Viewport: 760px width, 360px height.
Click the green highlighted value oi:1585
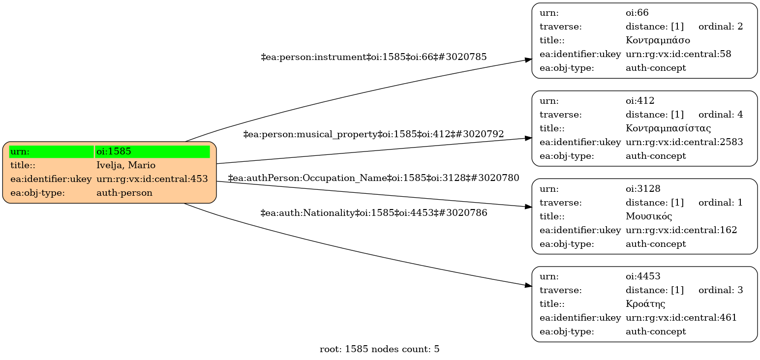[x=114, y=151]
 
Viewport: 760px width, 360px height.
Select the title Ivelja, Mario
[x=126, y=165]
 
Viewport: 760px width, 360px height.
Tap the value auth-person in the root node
[x=124, y=193]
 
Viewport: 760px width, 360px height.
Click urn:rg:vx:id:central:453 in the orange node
[x=152, y=179]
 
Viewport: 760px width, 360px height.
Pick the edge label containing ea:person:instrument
[x=373, y=57]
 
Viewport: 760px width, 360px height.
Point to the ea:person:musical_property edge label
[x=373, y=134]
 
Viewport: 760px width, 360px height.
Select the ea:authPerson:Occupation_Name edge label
[x=373, y=178]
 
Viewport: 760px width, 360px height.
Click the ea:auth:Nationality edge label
[x=373, y=213]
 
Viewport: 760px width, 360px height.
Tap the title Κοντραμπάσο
[x=658, y=40]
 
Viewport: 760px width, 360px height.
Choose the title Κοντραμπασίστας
[x=668, y=128]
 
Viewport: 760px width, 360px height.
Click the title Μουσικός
[x=649, y=216]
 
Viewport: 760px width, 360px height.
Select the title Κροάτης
[x=645, y=304]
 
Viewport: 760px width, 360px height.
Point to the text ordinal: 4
[x=721, y=115]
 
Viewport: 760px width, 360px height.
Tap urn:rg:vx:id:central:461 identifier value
[x=681, y=318]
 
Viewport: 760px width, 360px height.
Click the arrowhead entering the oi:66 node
[x=528, y=60]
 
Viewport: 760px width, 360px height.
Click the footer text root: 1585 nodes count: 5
[x=379, y=350]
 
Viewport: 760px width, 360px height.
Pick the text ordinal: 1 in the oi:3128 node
[x=721, y=203]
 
